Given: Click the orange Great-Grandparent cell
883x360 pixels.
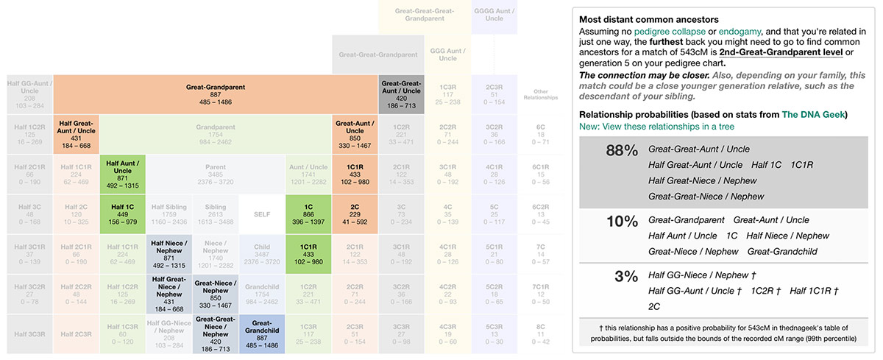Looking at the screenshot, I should pyautogui.click(x=215, y=94).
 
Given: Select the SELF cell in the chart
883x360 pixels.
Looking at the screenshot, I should pyautogui.click(x=262, y=214).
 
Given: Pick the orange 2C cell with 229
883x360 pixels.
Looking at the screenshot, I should pyautogui.click(x=355, y=214).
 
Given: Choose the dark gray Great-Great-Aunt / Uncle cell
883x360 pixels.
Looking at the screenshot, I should pyautogui.click(x=401, y=94).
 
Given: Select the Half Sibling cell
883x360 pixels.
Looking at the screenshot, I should pyautogui.click(x=169, y=214).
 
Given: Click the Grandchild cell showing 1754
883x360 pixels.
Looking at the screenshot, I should pyautogui.click(x=262, y=294).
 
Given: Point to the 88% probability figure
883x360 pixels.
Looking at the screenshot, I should pyautogui.click(x=620, y=151).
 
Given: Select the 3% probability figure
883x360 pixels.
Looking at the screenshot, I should pyautogui.click(x=623, y=278).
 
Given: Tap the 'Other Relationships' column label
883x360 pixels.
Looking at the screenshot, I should pyautogui.click(x=540, y=94).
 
